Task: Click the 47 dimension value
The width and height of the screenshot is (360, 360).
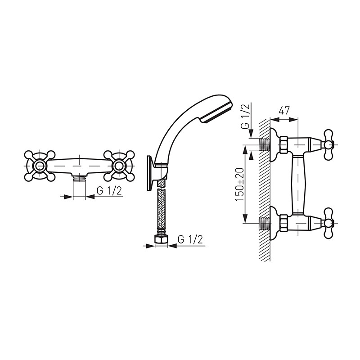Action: pyautogui.click(x=284, y=110)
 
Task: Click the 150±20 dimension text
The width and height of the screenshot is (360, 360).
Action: pyautogui.click(x=240, y=184)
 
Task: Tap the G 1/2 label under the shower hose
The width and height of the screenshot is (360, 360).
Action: pyautogui.click(x=190, y=239)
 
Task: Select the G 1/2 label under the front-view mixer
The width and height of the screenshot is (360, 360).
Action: pyautogui.click(x=109, y=191)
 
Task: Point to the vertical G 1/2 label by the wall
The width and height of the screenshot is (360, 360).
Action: pyautogui.click(x=245, y=116)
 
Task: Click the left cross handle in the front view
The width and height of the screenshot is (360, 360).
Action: pyautogui.click(x=40, y=166)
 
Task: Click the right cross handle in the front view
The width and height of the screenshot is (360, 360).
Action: pyautogui.click(x=119, y=166)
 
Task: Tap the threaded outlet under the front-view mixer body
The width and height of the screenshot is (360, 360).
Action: pyautogui.click(x=80, y=178)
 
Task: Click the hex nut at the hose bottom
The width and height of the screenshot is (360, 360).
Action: pyautogui.click(x=162, y=240)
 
